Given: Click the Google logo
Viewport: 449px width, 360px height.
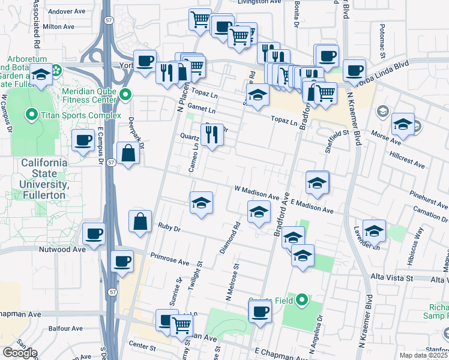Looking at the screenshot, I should click(20, 353).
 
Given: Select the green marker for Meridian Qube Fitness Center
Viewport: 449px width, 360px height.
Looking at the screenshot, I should click(125, 94).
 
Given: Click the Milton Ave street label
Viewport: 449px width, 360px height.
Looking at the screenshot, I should click(59, 27).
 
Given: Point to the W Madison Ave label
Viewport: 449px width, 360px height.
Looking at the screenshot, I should click(257, 193).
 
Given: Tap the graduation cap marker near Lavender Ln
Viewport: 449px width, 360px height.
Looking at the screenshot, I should click(373, 230).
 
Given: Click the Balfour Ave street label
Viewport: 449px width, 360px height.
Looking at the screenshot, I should click(66, 329).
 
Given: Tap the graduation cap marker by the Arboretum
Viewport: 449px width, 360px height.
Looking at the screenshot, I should click(41, 76).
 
